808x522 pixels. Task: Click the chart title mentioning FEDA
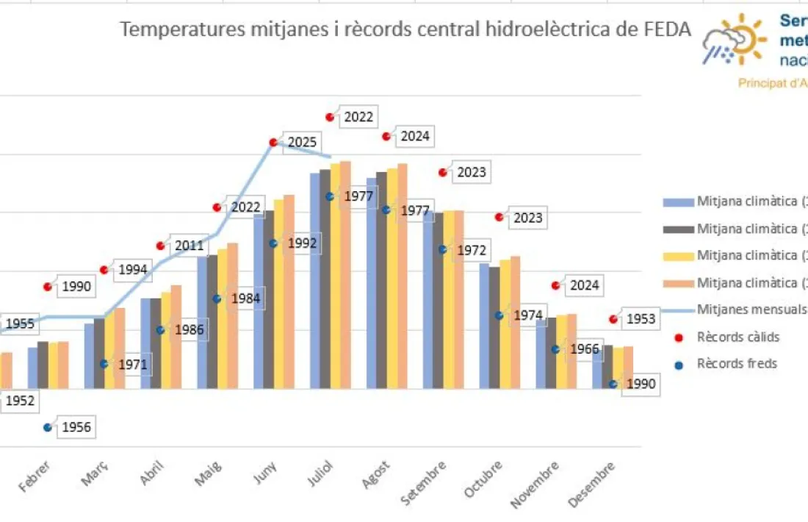click(405, 29)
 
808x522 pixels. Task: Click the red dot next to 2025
click(273, 142)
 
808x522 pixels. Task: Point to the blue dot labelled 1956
click(48, 427)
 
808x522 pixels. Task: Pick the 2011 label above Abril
click(190, 246)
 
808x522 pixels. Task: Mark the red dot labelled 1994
click(104, 270)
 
